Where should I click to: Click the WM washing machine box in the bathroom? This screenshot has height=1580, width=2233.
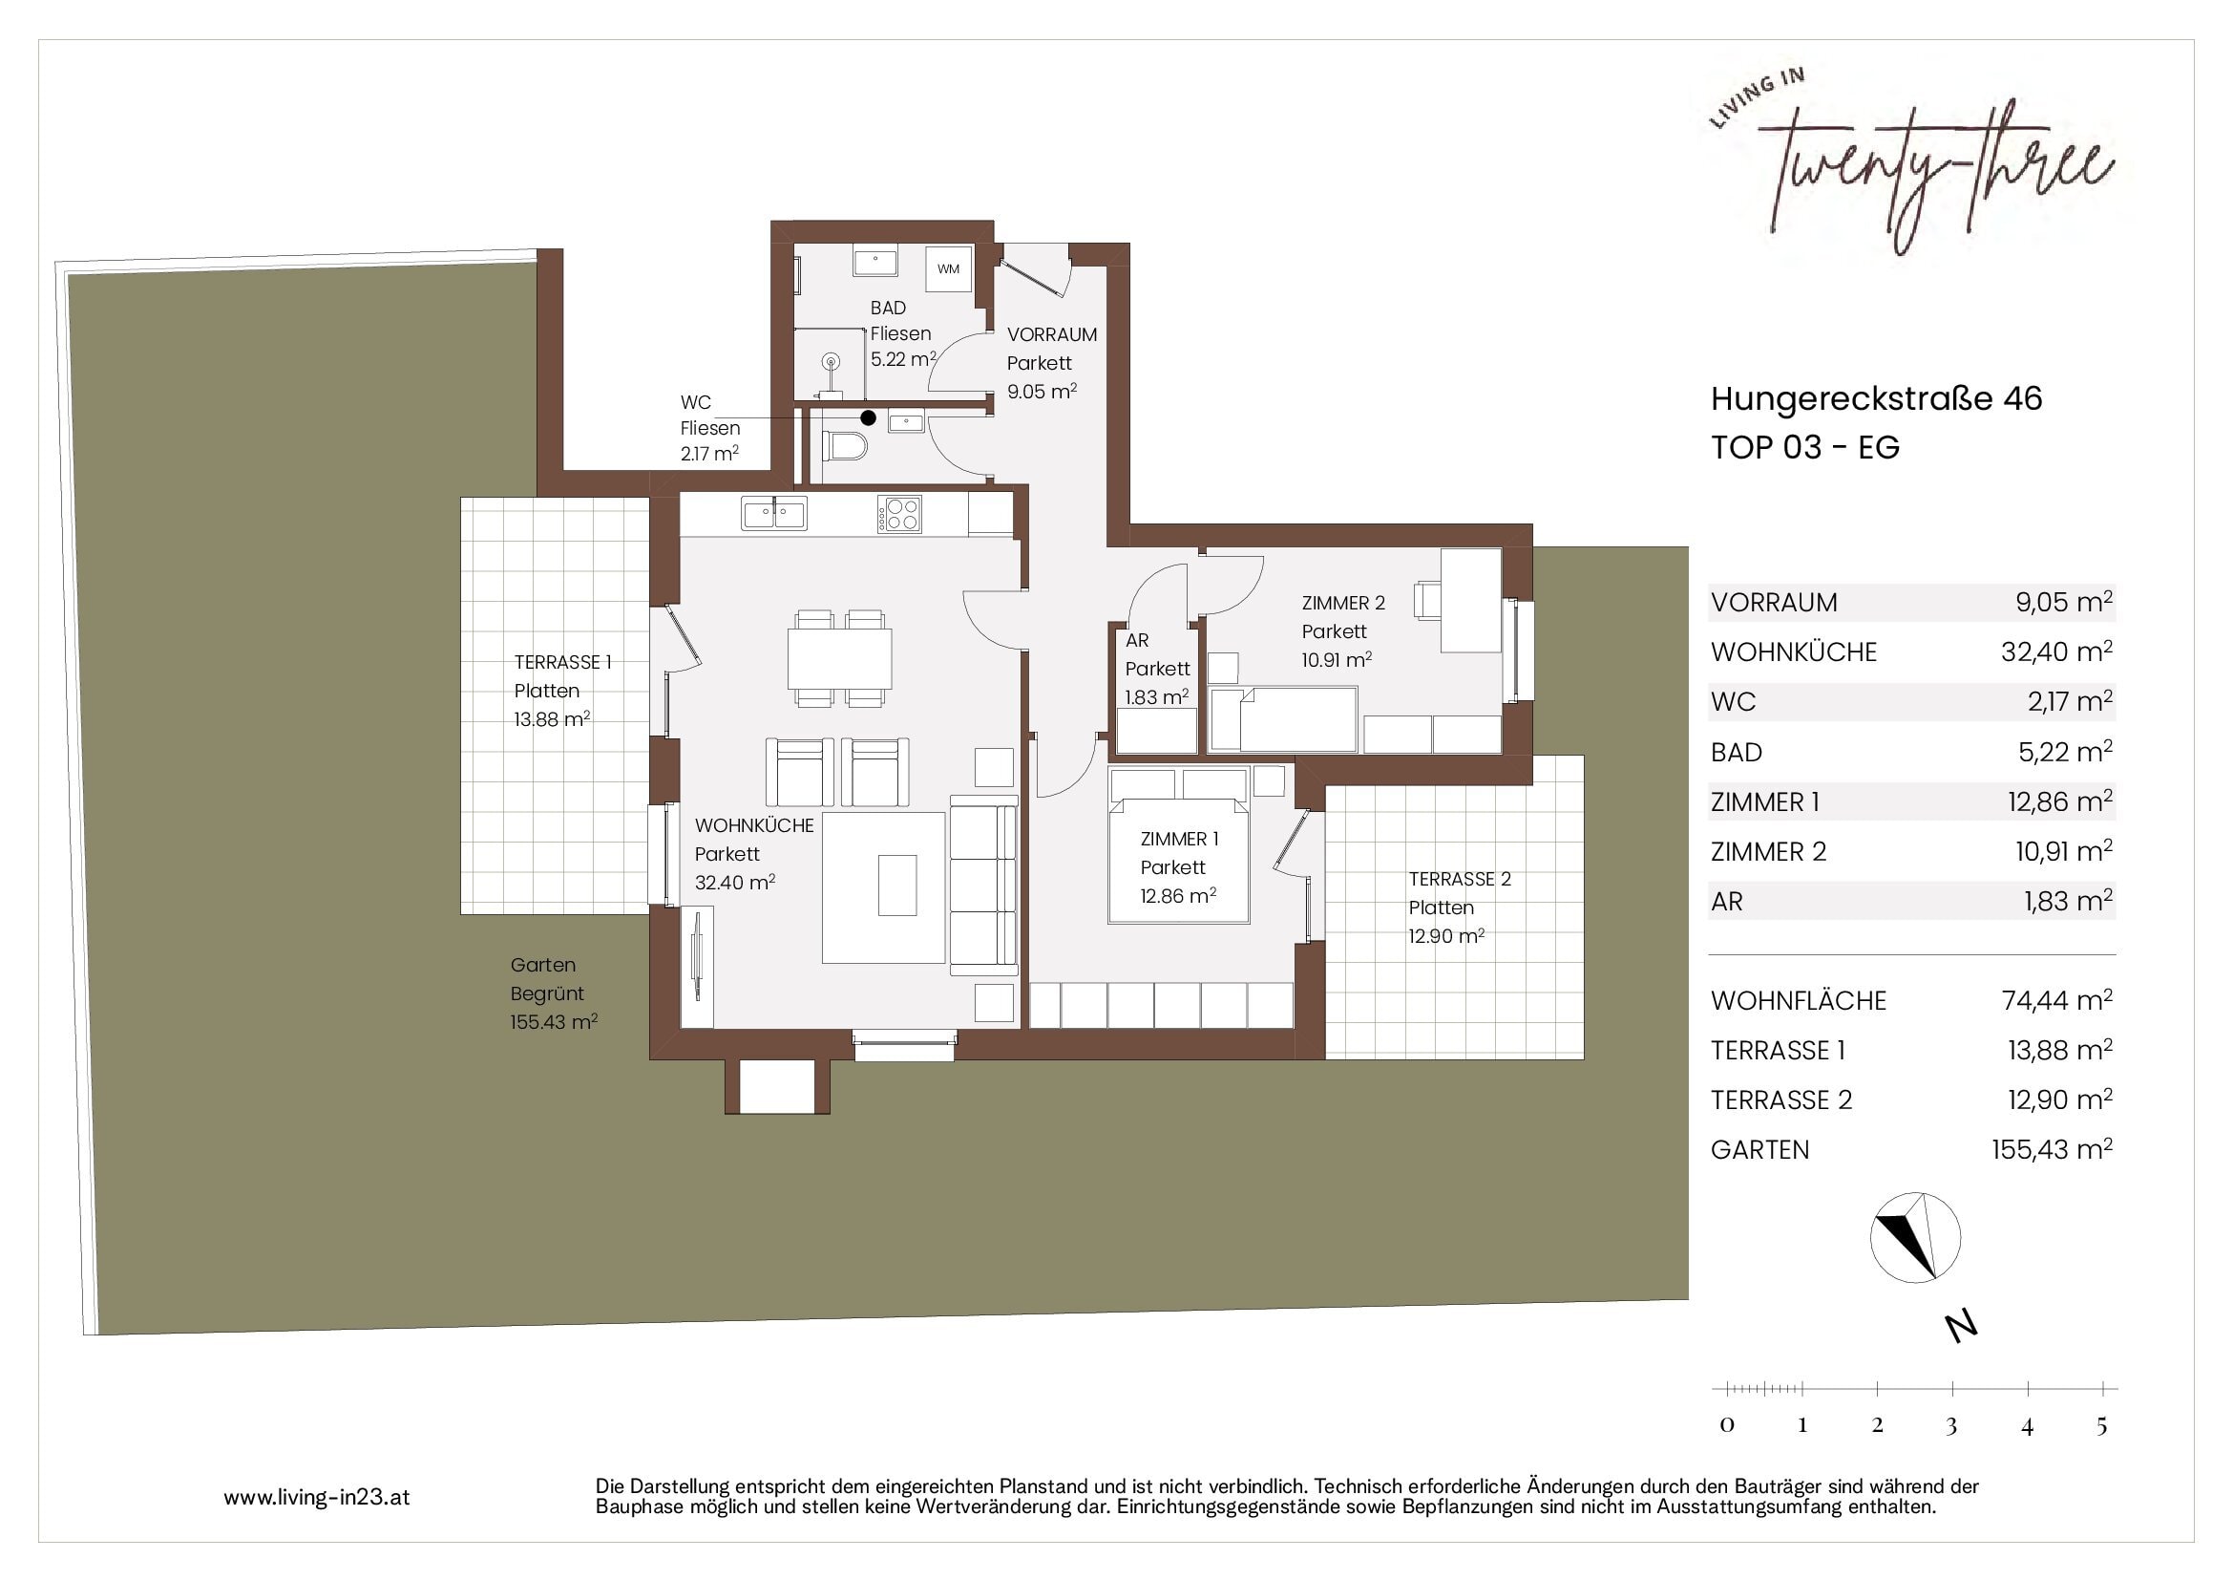(948, 268)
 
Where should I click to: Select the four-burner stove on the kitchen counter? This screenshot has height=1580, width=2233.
(899, 514)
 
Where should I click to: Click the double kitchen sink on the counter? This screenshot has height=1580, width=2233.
(774, 513)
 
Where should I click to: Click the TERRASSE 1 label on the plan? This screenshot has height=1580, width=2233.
(563, 663)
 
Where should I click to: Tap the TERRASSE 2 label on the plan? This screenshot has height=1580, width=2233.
(1460, 880)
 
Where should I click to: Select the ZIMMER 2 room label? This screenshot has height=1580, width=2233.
(1343, 603)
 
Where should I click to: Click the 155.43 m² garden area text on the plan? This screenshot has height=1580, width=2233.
(554, 1022)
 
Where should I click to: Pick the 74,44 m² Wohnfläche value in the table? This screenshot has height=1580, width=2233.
(2057, 1000)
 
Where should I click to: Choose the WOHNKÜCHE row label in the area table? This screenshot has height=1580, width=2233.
(1794, 651)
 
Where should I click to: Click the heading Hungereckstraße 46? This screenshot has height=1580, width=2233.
(1876, 399)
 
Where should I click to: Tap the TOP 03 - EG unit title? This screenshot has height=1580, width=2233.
(1805, 447)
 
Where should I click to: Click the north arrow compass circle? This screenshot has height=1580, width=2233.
(1915, 1237)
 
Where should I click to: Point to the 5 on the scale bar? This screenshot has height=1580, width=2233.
(2101, 1425)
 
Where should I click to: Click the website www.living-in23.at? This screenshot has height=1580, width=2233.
(317, 1497)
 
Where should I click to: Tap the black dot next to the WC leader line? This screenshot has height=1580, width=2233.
(869, 418)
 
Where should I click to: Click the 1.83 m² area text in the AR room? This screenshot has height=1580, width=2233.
(1156, 697)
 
